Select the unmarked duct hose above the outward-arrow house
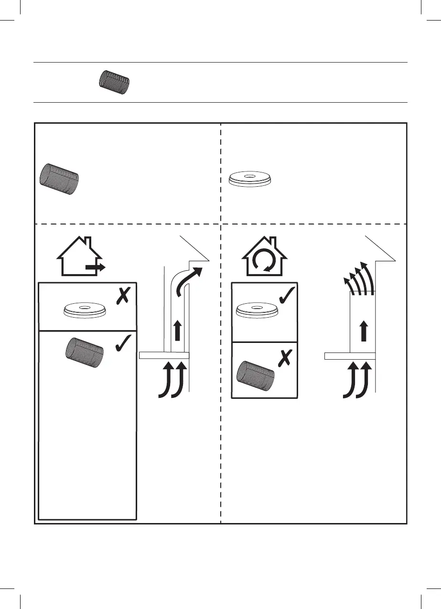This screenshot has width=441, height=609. click(59, 179)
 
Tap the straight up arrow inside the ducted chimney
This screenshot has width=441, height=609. click(177, 331)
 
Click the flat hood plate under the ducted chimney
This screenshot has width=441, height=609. click(164, 355)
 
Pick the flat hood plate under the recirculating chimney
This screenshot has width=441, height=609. click(349, 355)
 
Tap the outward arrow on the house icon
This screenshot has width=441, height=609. click(96, 268)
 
